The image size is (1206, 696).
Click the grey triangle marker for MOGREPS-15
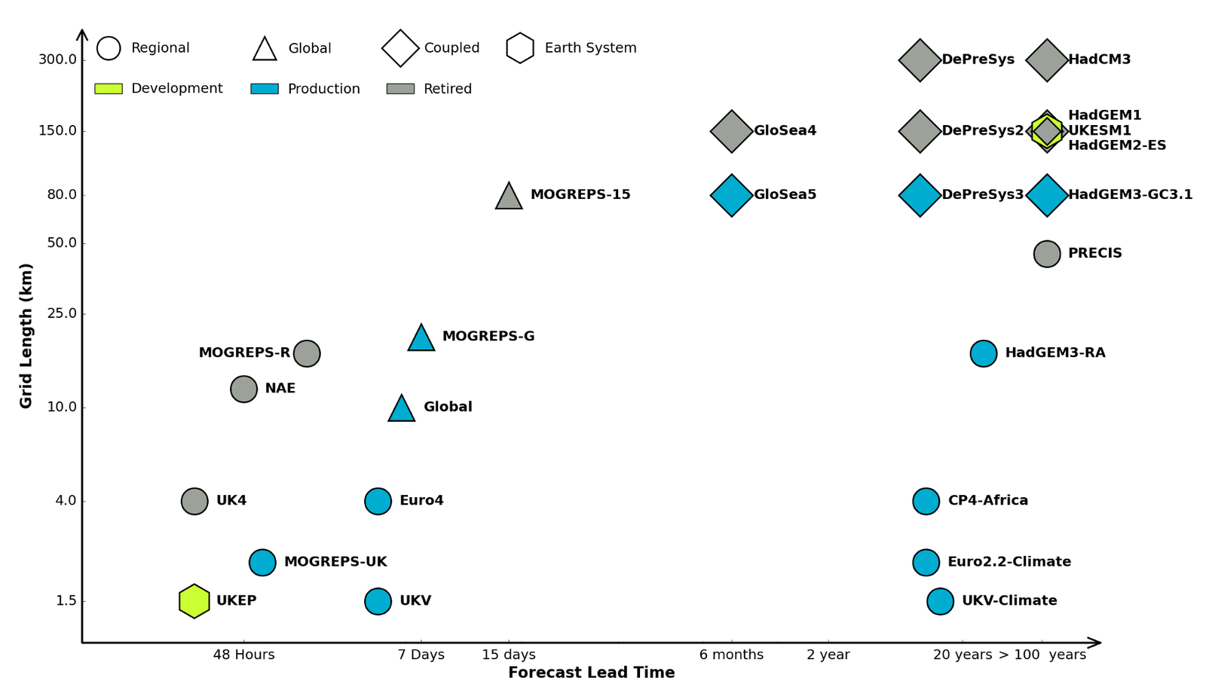[509, 197]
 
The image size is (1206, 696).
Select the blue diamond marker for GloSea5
[731, 195]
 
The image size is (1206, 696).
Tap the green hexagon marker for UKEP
[194, 601]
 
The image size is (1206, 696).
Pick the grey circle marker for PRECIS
[1047, 254]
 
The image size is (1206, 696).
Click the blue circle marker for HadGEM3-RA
[983, 353]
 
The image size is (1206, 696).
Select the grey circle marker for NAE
[243, 389]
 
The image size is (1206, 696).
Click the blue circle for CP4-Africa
[926, 501]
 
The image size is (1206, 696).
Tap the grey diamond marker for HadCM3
[1047, 60]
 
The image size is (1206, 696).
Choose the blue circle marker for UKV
[378, 601]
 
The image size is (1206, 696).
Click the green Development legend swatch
[109, 89]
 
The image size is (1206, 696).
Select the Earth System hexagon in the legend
[520, 48]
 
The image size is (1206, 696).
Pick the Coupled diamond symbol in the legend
[400, 48]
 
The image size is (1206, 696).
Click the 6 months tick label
[731, 655]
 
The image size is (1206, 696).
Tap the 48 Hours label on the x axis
[243, 655]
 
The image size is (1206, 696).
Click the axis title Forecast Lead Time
[591, 673]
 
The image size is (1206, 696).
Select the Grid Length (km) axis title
[26, 336]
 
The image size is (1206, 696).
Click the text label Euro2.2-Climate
[1009, 562]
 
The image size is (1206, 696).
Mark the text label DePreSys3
[982, 195]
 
